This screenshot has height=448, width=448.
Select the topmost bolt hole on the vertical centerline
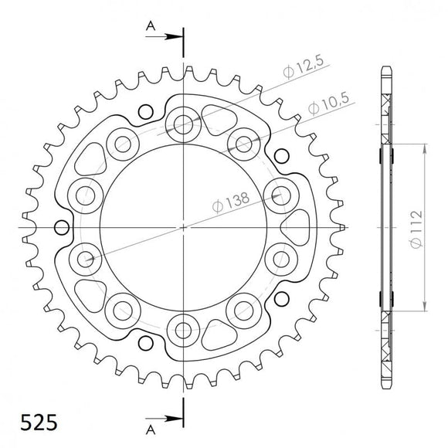[x=184, y=123]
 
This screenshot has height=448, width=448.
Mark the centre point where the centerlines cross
[x=184, y=228]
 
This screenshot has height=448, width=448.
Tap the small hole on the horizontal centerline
[x=59, y=228]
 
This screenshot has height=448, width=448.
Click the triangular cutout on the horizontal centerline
[x=294, y=228]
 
